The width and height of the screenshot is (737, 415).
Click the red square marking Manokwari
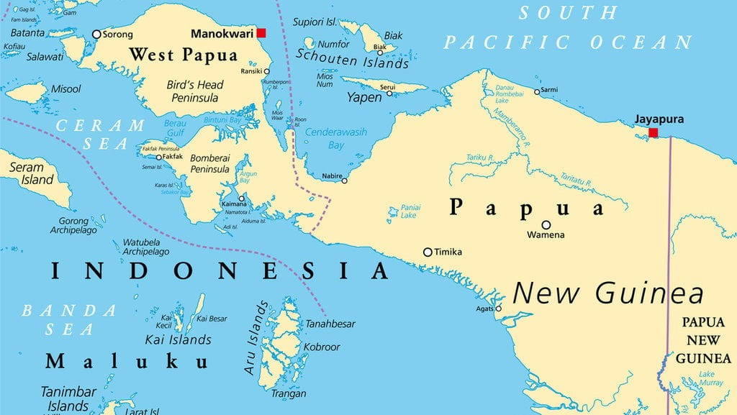(261, 33)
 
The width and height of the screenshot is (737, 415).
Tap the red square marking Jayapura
(653, 133)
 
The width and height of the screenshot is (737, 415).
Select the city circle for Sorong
(96, 34)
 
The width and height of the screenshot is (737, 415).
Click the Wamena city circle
(546, 224)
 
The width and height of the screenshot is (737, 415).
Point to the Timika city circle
(428, 252)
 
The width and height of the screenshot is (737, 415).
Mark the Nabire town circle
(344, 181)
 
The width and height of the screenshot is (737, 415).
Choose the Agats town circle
(498, 309)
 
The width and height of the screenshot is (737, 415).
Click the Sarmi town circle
(537, 91)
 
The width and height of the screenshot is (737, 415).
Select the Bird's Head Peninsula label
(195, 91)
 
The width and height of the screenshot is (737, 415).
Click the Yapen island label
(364, 97)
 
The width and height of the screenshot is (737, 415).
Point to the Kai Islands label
(178, 339)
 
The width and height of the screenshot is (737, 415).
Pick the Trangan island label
(288, 393)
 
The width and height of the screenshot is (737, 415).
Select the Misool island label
(65, 88)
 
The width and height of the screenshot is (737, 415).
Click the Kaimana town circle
(242, 199)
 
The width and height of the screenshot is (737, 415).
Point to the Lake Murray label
(710, 379)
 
